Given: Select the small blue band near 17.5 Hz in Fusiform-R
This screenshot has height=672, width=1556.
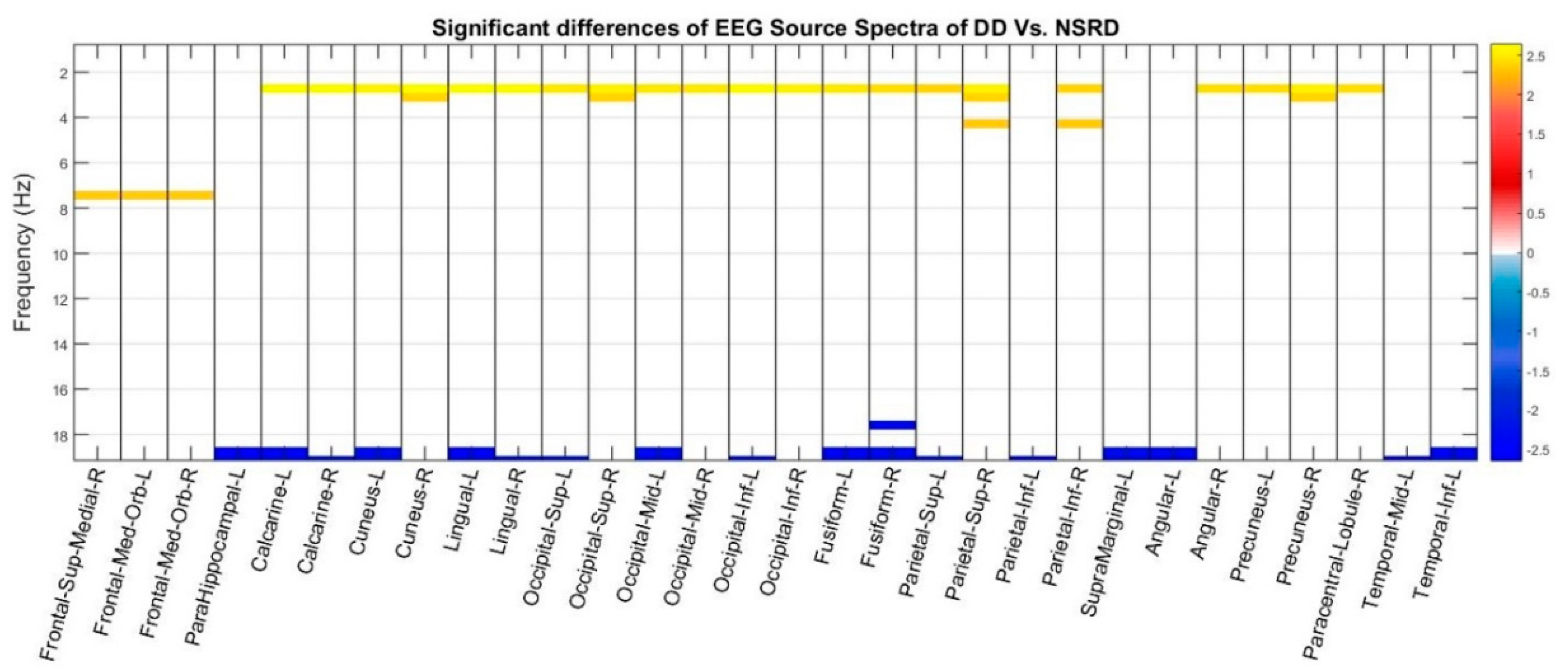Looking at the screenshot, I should [x=892, y=425].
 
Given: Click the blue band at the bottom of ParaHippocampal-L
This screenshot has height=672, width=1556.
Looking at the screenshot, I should [x=237, y=453].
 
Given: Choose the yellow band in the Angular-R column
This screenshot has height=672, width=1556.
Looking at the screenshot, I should [x=1219, y=89].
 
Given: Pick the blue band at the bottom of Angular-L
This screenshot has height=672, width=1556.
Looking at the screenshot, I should [x=1173, y=453].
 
